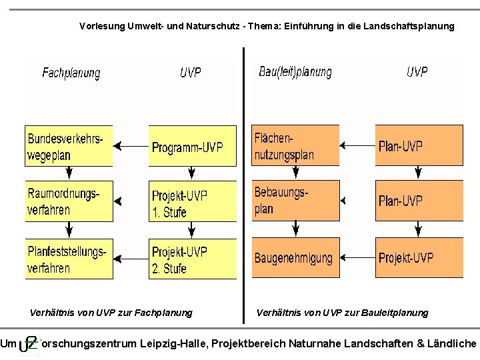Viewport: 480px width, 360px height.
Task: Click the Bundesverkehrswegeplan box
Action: point(69,146)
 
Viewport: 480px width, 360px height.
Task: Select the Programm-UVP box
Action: point(193,146)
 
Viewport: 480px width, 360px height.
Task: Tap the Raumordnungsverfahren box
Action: point(69,201)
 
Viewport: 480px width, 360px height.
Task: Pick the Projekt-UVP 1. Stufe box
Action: point(193,203)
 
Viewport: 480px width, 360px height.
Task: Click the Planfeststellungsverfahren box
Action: point(69,259)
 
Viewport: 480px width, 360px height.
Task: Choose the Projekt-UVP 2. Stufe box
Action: point(193,259)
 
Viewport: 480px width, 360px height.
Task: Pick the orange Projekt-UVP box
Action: point(419,258)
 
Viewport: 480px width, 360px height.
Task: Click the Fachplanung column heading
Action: point(71,73)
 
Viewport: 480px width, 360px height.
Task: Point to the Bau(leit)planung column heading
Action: point(295,73)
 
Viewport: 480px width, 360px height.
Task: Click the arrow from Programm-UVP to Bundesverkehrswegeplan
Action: point(131,145)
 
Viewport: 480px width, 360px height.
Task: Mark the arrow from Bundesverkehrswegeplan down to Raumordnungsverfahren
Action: point(68,173)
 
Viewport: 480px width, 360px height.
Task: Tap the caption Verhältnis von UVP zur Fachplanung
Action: point(111,313)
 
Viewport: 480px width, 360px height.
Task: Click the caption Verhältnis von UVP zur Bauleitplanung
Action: point(343,313)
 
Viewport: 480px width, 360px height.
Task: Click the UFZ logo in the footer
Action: point(28,344)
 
